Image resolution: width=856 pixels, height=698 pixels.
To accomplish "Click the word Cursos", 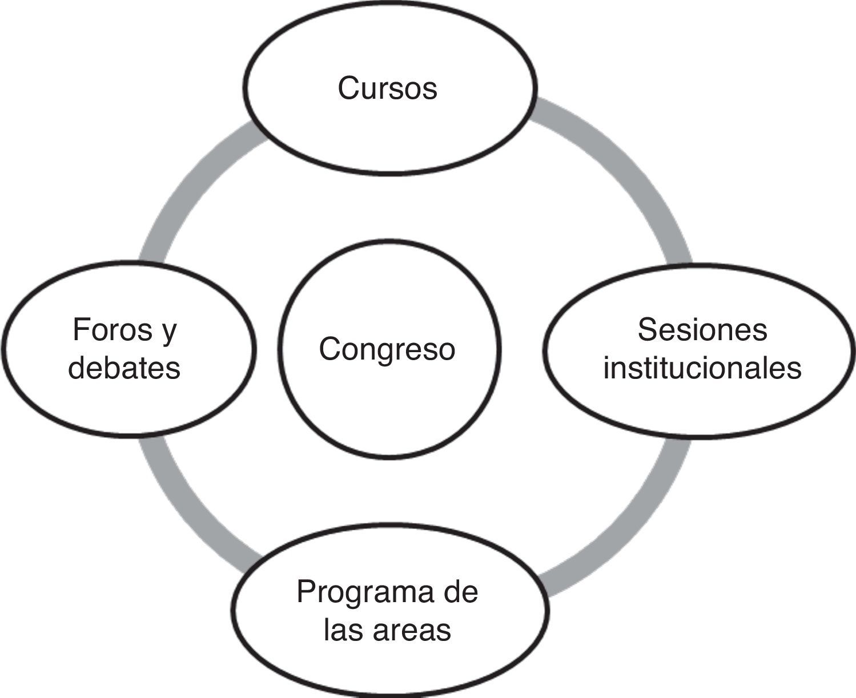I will click(387, 88).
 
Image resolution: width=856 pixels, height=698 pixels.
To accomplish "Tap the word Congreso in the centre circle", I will click(387, 349).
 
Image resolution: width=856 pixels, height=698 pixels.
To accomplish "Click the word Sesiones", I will click(702, 329).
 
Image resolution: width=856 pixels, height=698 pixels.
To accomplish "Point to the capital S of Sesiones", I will click(647, 329).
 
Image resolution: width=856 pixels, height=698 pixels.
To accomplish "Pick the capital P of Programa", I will click(306, 592).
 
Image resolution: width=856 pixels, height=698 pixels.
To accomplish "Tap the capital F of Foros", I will click(79, 329).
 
